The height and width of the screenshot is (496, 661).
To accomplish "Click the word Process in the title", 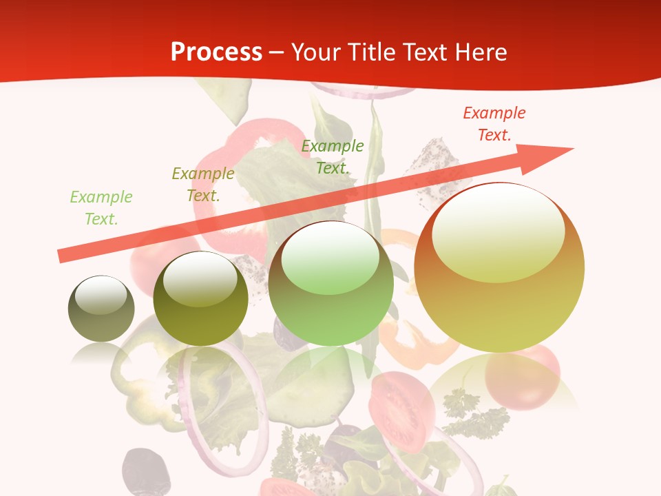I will pos(216,52).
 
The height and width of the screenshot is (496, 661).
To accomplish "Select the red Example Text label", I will pos(494,124).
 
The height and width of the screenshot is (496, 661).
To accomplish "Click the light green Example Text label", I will pos(101,208).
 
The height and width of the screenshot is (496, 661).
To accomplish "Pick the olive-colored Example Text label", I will pos(203,185).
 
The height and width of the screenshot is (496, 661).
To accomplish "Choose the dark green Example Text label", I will pos(333,156).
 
